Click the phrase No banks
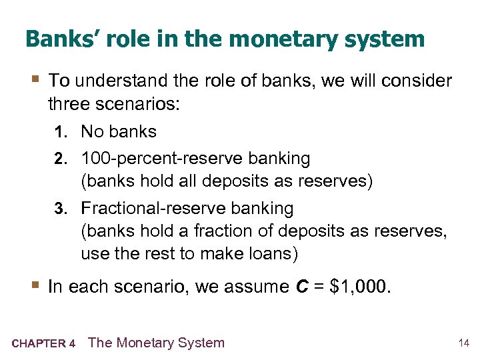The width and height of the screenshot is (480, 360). tap(119, 131)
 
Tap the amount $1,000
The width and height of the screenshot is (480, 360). tap(361, 287)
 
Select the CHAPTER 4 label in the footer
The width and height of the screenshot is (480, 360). tap(43, 344)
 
